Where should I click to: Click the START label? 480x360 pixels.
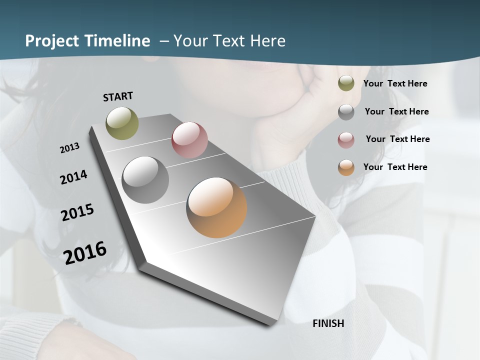pyautogui.click(x=118, y=96)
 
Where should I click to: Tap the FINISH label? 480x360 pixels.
pyautogui.click(x=328, y=323)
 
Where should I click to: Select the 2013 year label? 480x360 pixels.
pyautogui.click(x=69, y=148)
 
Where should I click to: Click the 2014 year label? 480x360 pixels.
pyautogui.click(x=73, y=177)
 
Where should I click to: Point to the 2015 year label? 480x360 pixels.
pyautogui.click(x=77, y=212)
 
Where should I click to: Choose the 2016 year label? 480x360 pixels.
pyautogui.click(x=85, y=252)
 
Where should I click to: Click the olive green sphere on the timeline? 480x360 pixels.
pyautogui.click(x=122, y=123)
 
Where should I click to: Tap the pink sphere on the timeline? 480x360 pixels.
pyautogui.click(x=189, y=140)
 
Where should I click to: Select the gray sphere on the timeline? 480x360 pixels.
pyautogui.click(x=145, y=180)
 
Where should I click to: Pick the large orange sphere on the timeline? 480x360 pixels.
pyautogui.click(x=216, y=207)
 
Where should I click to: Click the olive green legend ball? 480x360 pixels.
pyautogui.click(x=346, y=83)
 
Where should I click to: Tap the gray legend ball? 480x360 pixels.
pyautogui.click(x=346, y=112)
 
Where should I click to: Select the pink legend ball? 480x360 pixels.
pyautogui.click(x=346, y=140)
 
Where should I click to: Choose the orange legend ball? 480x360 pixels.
pyautogui.click(x=346, y=167)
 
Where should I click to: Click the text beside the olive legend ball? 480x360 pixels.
pyautogui.click(x=395, y=83)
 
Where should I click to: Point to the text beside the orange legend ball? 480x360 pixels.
pyautogui.click(x=395, y=167)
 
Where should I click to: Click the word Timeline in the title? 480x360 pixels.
pyautogui.click(x=117, y=41)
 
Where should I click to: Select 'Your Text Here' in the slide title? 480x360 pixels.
pyautogui.click(x=229, y=41)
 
